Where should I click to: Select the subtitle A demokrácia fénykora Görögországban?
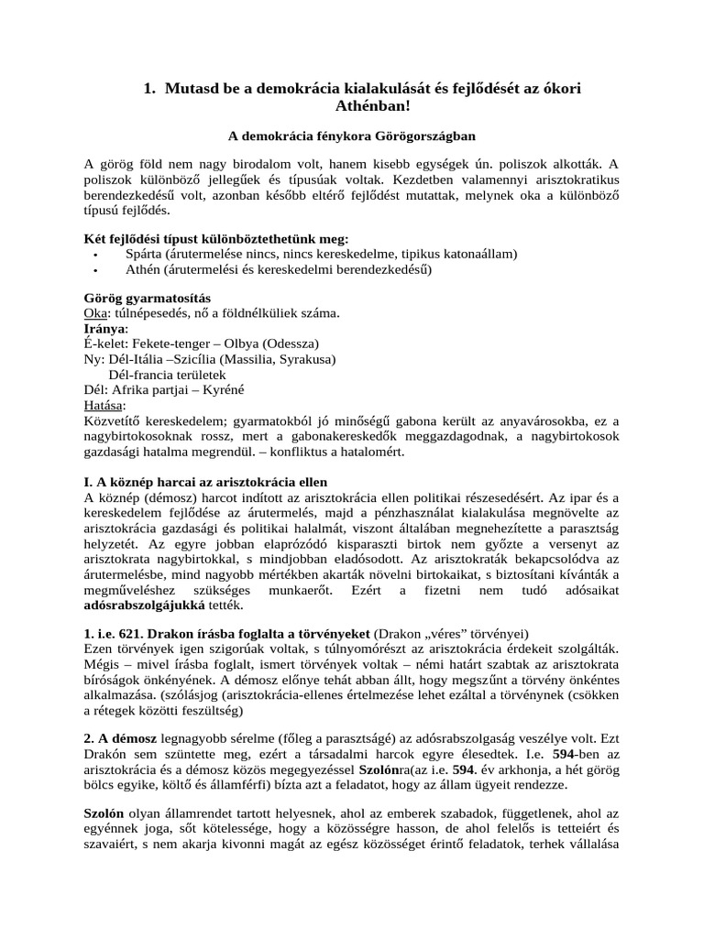tap(352, 136)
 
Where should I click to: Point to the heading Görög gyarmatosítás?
tap(147, 299)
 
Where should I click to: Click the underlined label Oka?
tap(94, 313)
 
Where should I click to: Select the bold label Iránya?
tap(105, 329)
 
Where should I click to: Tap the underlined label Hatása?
tap(103, 405)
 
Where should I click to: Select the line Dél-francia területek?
tap(167, 375)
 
